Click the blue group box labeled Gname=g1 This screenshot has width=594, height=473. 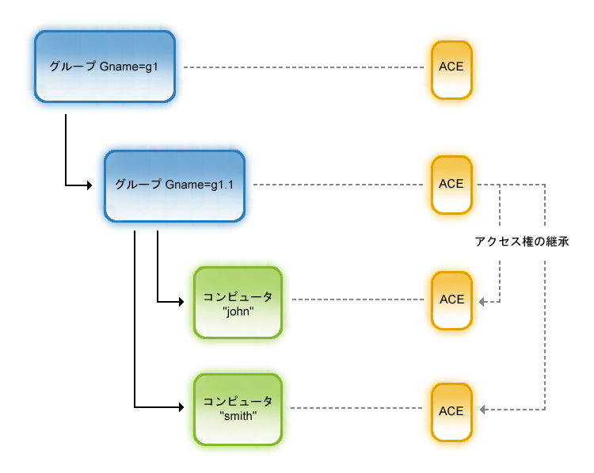[105, 67]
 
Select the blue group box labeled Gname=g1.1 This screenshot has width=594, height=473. [174, 185]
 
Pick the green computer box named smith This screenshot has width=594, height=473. [238, 409]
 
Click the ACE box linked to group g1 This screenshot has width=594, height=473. [451, 68]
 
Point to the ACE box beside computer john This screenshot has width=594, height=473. [451, 300]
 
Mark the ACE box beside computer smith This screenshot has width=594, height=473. [451, 411]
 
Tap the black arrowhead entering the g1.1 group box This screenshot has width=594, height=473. [100, 185]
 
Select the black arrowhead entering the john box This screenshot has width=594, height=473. [189, 301]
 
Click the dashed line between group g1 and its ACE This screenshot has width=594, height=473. [305, 67]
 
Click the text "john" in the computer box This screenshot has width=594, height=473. [238, 311]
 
